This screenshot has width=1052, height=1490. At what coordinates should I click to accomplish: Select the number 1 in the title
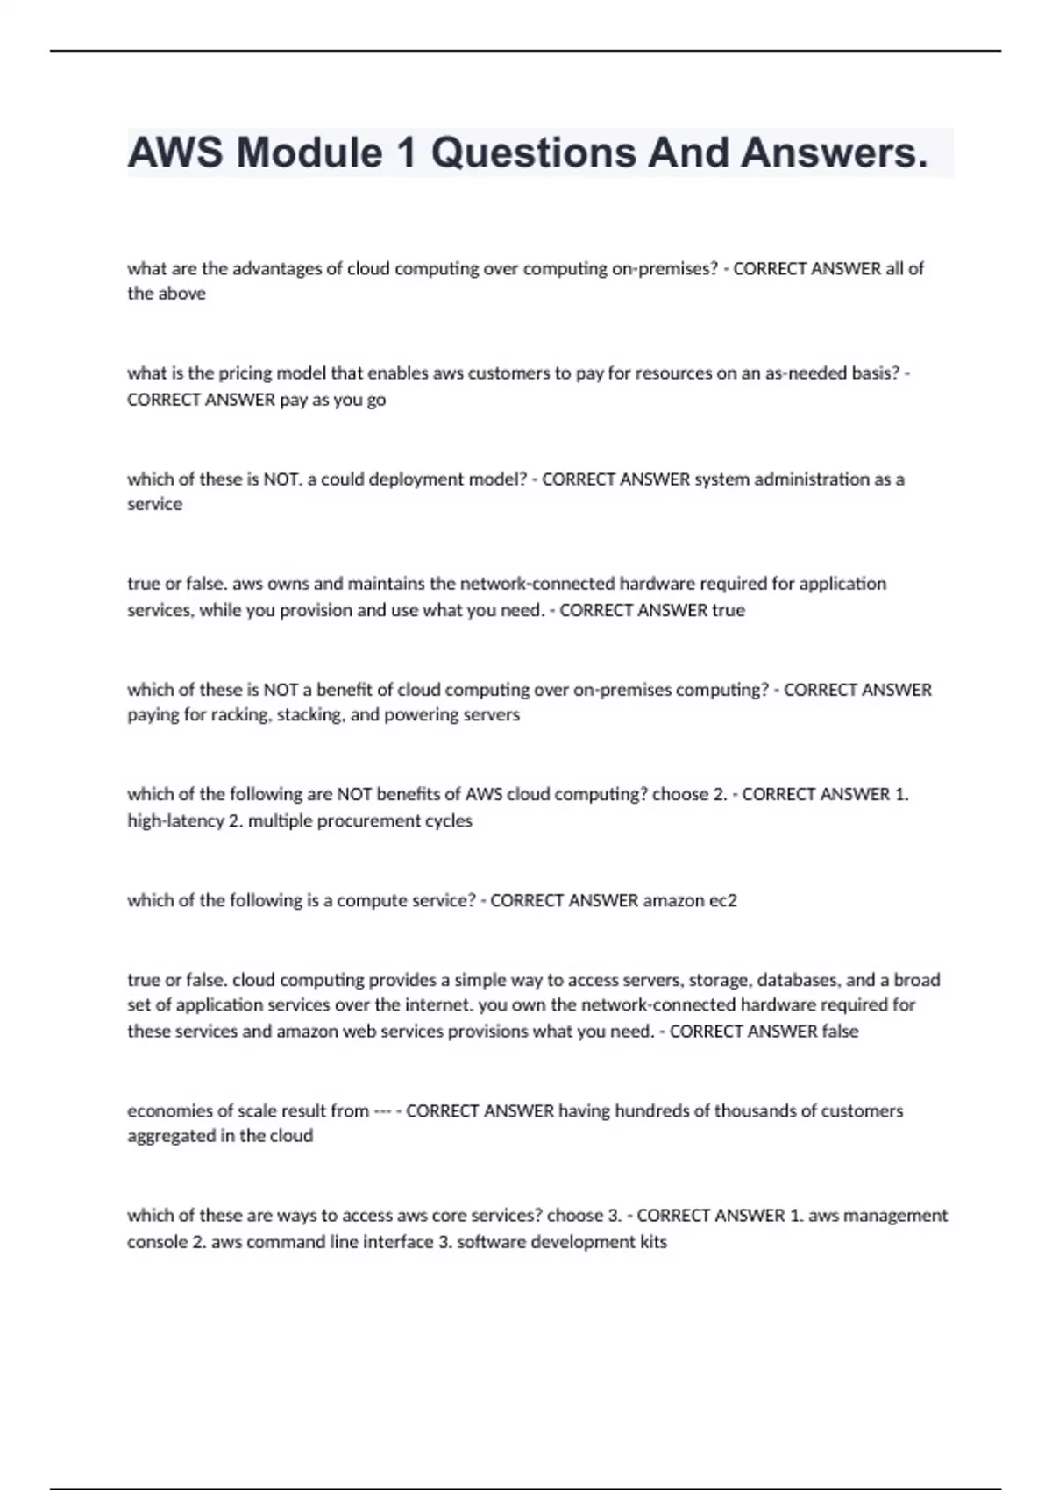click(x=405, y=153)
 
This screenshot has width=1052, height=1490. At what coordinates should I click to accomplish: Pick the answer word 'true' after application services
click(x=728, y=610)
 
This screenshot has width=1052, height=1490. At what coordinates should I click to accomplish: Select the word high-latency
click(x=175, y=821)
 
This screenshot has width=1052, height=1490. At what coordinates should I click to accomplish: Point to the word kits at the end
click(x=653, y=1242)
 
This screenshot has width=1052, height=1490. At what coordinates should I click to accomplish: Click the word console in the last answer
click(x=157, y=1242)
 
